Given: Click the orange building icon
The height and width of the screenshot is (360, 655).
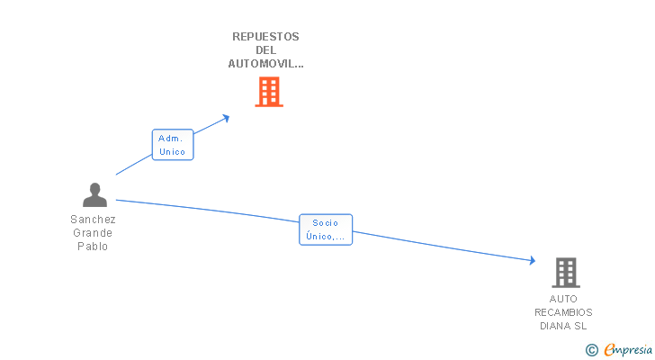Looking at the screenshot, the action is pos(269,92).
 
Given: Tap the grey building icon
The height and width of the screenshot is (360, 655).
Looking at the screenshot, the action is pos(566,273).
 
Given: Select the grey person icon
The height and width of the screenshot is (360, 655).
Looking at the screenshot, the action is pos(94,195).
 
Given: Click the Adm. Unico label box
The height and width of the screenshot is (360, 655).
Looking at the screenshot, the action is pos(173,145).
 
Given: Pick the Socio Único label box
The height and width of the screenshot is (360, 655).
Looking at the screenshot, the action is pos(326,229).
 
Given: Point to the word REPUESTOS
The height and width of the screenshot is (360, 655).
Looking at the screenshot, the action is pos(265,37).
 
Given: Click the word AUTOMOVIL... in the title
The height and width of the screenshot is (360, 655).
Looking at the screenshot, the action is pos(265,64).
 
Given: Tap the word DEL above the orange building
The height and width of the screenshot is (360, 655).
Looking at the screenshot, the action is pos(265,50).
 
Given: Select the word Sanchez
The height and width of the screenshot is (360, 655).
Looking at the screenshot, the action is pos(93,220).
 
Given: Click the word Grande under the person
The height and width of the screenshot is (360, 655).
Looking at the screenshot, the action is pos(93,232).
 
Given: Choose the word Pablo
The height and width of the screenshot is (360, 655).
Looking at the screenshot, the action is pos(93,247).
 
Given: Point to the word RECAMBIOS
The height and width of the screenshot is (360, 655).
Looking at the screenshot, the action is pos(563,312).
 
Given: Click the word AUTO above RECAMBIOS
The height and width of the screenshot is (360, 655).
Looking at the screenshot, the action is pos(563,299).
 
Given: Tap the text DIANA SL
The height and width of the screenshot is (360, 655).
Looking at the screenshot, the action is pos(563,326).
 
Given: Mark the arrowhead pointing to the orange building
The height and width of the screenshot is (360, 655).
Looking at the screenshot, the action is pos(226,119).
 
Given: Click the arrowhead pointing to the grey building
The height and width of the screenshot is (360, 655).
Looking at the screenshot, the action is pos(533,261).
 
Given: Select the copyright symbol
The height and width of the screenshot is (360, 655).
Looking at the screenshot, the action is pos(591,350).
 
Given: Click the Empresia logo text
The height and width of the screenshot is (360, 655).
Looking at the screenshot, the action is pos(628,350).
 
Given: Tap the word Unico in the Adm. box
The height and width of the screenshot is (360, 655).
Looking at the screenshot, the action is pos(172,151).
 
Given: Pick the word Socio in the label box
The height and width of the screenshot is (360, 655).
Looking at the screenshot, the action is pos(326,223).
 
